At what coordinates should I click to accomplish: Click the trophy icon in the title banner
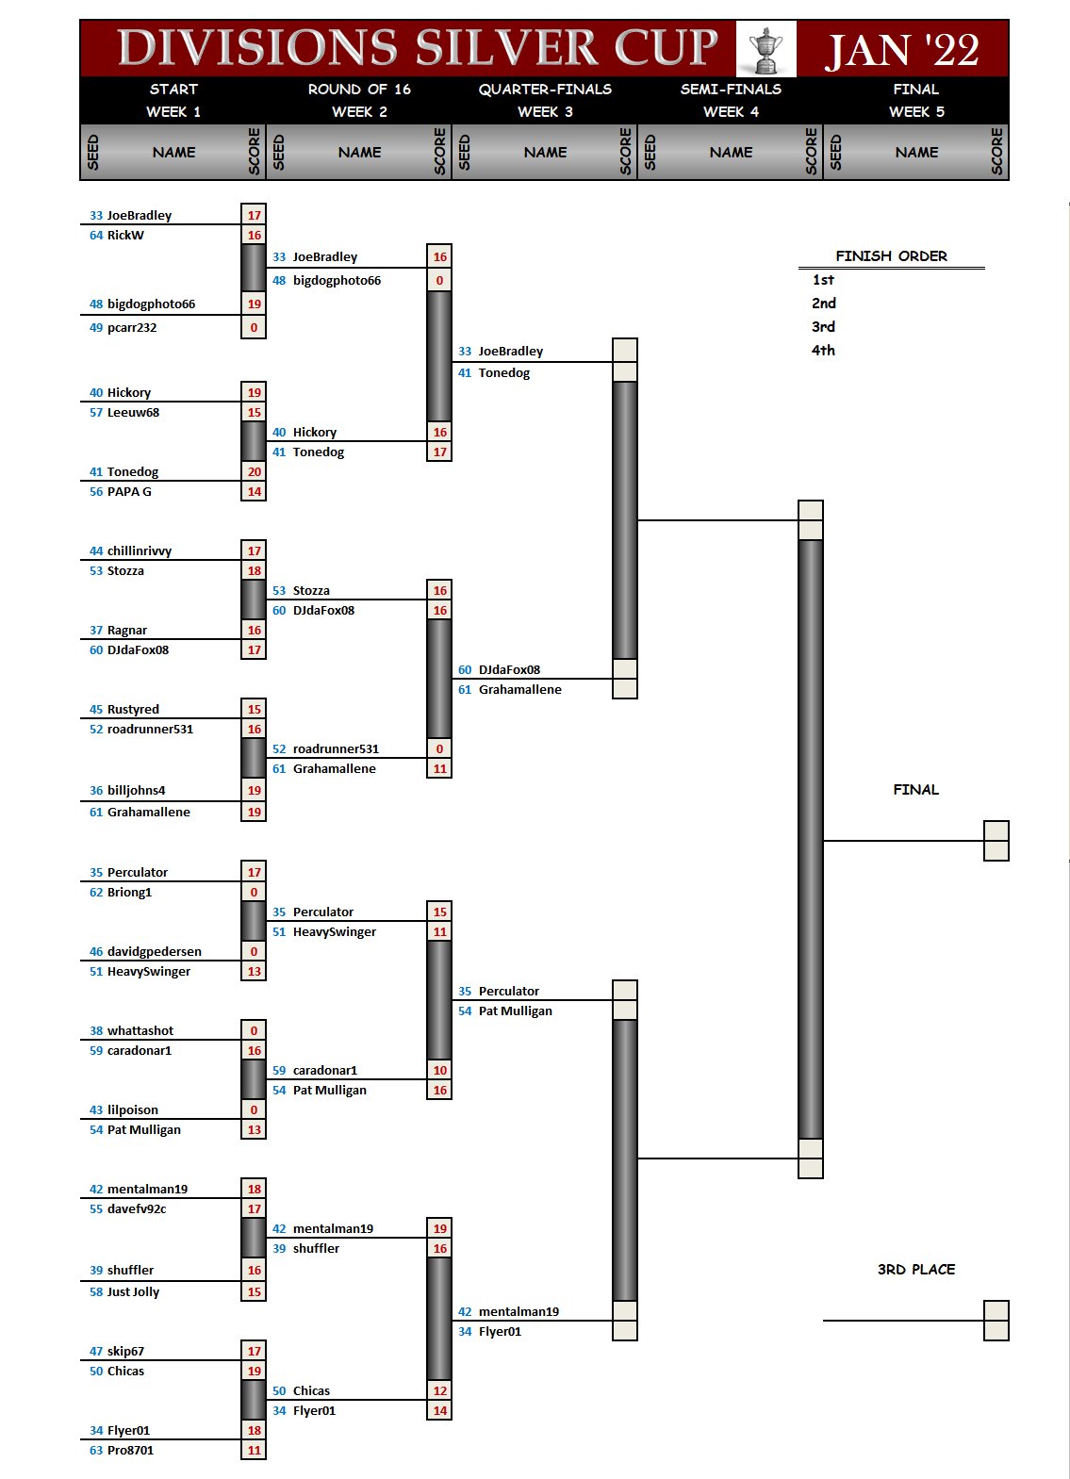point(765,49)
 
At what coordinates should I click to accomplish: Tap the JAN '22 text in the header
point(902,50)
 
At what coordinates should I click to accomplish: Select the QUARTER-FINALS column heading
point(545,90)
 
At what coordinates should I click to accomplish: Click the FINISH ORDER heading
point(891,256)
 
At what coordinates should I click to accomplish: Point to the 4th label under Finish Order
point(823,351)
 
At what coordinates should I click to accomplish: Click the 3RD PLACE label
point(915,1270)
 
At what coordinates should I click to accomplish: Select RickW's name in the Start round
point(125,236)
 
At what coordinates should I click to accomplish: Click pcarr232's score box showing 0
point(254,328)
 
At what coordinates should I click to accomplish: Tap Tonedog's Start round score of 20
point(254,472)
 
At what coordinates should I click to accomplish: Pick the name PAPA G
point(129,492)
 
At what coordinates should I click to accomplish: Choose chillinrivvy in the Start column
point(140,551)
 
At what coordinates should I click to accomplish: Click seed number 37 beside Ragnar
point(96,631)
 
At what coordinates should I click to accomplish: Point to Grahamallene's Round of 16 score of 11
point(439,769)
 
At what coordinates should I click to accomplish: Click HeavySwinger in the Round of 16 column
point(334,932)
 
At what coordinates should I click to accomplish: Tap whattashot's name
point(140,1031)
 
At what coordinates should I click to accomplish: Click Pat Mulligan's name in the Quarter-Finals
point(515,1011)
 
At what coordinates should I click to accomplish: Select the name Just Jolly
point(133,1292)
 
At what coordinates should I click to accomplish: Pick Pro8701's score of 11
point(254,1451)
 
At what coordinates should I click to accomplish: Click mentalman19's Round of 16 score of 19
point(439,1229)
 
